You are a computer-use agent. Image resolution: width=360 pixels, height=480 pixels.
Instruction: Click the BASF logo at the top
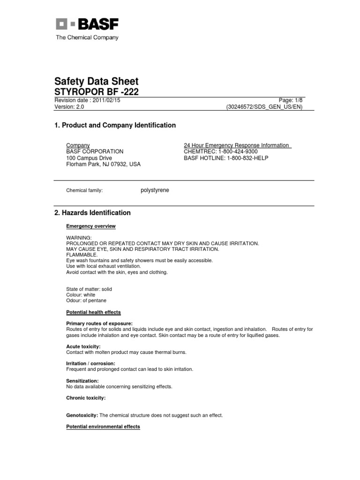coord(87,24)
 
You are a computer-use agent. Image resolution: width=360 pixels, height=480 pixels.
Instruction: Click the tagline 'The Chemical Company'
coord(87,37)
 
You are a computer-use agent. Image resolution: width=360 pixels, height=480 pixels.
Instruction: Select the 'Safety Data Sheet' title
coord(97,81)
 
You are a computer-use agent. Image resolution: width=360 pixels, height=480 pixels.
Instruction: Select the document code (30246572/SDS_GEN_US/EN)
coord(264,107)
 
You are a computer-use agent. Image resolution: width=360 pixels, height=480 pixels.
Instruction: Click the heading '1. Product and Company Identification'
coord(115,125)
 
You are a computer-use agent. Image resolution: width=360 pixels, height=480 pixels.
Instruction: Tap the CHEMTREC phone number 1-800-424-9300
coord(234,152)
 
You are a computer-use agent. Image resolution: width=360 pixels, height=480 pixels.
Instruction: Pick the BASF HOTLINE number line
coord(226,158)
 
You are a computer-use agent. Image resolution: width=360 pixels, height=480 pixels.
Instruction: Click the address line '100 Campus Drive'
coord(89,158)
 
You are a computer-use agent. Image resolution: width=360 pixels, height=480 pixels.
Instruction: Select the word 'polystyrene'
coord(155,190)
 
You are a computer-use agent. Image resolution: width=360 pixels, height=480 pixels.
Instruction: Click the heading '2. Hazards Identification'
coord(93,213)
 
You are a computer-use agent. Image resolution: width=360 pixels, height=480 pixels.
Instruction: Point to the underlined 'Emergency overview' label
coord(91,226)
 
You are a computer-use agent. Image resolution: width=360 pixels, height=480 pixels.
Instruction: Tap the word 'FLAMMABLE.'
coord(82,255)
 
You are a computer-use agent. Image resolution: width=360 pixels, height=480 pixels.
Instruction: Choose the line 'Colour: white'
coord(81,295)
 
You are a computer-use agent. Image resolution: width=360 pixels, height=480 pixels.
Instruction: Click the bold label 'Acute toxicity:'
coord(83,346)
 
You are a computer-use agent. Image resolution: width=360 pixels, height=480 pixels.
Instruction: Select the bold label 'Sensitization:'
coord(82,381)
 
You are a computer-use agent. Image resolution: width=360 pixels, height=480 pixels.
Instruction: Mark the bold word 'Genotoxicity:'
coord(82,415)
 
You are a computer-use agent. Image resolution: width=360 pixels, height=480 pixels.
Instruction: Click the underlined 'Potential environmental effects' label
coord(103,427)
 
